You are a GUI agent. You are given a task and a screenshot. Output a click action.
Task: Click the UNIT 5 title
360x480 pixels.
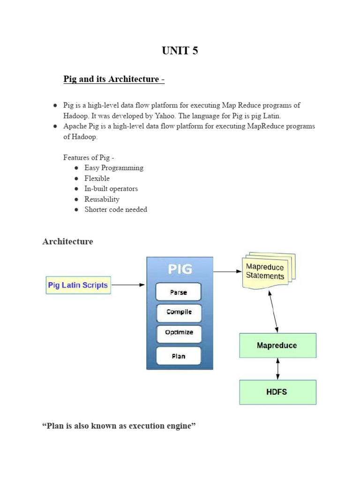180,51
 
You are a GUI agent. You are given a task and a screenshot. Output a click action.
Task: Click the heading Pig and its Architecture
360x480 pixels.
114,79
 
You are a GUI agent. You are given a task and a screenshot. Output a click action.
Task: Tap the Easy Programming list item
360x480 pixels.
114,168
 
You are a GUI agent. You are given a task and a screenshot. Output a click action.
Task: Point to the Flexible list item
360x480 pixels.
97,178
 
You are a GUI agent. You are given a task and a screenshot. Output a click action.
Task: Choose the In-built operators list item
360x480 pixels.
111,188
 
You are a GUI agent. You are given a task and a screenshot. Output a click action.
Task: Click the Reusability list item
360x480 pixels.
102,199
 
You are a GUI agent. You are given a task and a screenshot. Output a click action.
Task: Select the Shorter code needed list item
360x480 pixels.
116,210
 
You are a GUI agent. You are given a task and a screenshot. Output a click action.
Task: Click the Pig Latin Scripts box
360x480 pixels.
78,285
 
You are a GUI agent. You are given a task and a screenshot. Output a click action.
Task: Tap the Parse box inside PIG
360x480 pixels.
178,292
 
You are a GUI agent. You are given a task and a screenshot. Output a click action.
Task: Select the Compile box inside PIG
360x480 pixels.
178,312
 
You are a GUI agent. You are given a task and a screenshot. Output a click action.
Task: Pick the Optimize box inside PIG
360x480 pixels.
178,332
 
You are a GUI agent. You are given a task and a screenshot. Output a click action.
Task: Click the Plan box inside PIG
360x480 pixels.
178,356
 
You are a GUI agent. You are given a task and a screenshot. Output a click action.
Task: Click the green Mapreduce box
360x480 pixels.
277,345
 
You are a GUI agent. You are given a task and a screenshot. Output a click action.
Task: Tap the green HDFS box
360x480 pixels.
278,392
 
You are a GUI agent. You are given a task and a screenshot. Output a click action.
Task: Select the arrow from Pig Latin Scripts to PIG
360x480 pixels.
128,285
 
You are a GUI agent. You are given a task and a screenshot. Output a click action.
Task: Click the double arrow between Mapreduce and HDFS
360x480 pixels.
278,369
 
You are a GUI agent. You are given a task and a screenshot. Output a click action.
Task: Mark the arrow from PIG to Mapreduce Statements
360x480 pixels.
227,271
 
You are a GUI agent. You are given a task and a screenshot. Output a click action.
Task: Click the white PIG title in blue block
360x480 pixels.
180,269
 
